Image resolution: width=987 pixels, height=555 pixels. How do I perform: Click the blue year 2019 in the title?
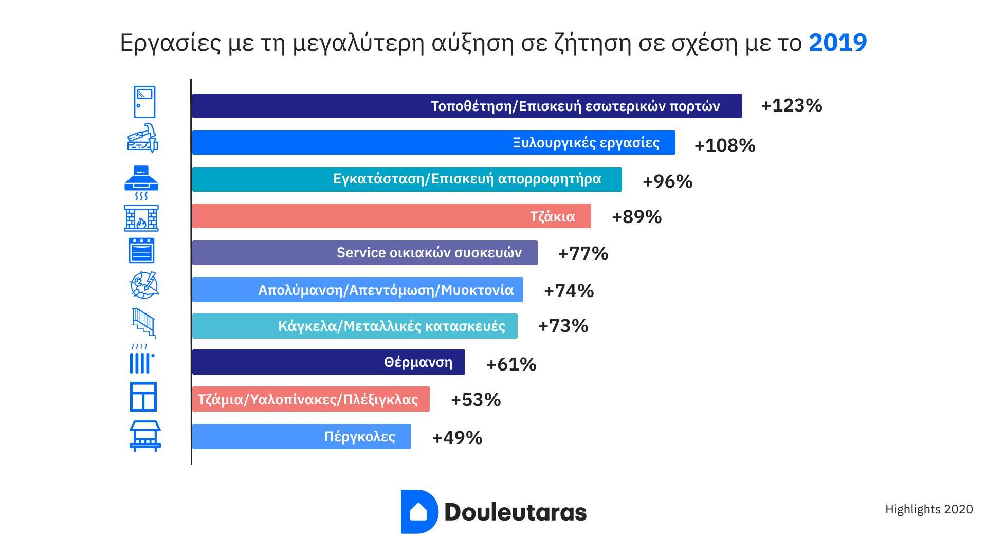click(x=837, y=43)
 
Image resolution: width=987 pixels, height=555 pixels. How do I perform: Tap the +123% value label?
click(x=791, y=105)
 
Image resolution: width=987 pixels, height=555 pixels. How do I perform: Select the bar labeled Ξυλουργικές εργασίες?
click(x=433, y=142)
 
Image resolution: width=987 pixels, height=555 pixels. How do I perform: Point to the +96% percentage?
click(x=667, y=181)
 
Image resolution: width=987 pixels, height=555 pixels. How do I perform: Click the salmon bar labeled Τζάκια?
click(x=391, y=216)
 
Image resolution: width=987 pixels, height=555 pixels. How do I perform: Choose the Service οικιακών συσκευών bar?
click(x=364, y=253)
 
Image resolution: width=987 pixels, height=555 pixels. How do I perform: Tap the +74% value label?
click(x=569, y=291)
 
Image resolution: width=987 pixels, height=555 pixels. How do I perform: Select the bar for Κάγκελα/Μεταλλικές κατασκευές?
click(x=354, y=326)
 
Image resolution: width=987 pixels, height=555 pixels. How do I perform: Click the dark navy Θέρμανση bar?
click(x=328, y=362)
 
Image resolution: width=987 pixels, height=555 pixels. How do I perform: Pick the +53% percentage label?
click(x=476, y=400)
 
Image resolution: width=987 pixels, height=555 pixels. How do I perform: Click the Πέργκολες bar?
click(x=301, y=437)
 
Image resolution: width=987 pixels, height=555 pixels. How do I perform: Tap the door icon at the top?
click(x=144, y=102)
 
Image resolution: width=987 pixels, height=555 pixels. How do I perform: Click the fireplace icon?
click(x=141, y=218)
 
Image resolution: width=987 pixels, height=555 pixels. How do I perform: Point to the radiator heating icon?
click(x=141, y=359)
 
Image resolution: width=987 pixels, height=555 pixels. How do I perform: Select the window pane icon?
click(x=143, y=397)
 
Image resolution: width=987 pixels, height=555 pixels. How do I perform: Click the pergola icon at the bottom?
click(x=145, y=436)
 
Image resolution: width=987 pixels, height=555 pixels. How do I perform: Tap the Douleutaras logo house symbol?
click(x=418, y=512)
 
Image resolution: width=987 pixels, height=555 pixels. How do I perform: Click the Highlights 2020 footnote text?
click(x=928, y=509)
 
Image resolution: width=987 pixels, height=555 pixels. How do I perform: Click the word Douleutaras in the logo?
click(x=515, y=512)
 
